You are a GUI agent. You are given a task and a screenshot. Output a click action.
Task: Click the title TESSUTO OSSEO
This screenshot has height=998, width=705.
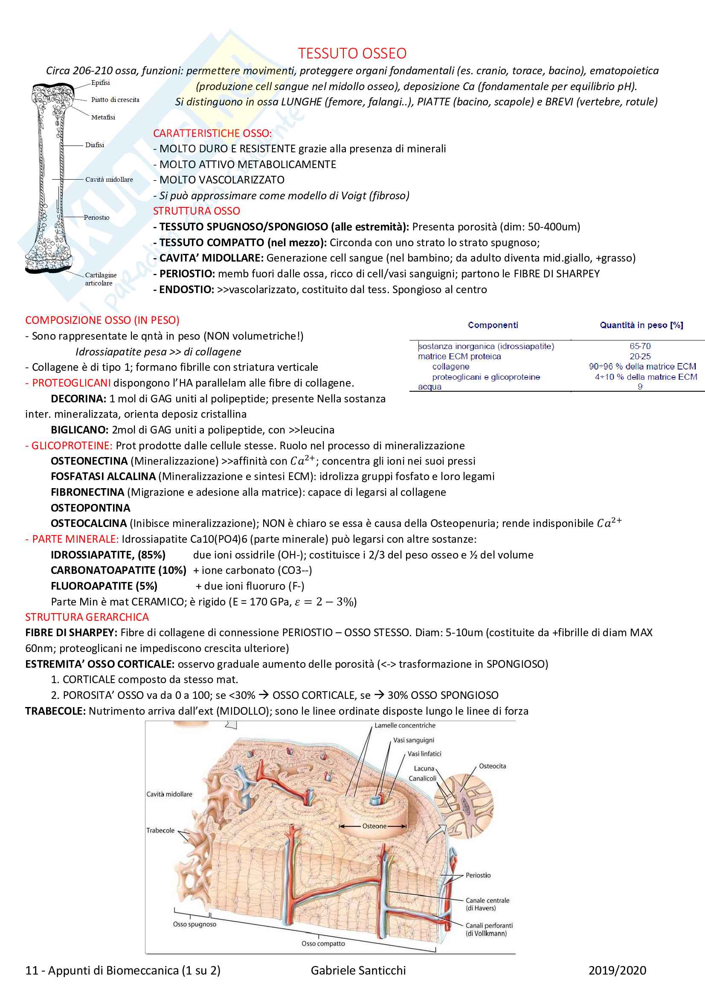point(352,53)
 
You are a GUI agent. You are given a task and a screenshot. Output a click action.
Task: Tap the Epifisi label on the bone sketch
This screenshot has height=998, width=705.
point(100,83)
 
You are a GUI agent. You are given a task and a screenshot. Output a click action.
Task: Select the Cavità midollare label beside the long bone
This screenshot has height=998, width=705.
point(109,180)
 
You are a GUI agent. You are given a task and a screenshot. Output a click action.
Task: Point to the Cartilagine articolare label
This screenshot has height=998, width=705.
point(100,279)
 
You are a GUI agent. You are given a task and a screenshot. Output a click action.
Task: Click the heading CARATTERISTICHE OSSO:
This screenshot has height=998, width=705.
point(212,133)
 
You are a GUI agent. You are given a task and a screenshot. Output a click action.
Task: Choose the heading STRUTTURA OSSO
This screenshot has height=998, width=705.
point(196,211)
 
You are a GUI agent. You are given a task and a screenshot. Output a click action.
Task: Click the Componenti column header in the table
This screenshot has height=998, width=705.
point(493,325)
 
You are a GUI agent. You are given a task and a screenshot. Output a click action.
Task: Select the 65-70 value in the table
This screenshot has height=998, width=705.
point(640,346)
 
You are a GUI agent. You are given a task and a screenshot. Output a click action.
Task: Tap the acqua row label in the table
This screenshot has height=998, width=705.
point(429,387)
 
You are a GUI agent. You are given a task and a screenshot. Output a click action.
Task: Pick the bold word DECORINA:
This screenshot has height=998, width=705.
point(78,399)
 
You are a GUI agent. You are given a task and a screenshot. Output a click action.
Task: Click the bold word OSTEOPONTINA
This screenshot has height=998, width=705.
point(90,508)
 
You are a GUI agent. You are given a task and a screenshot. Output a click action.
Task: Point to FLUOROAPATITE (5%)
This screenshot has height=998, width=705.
point(104,586)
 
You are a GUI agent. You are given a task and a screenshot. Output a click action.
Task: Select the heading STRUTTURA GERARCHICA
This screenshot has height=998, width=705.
point(87,617)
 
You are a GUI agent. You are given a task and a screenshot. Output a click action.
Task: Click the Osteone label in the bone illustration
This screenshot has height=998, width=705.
point(374,826)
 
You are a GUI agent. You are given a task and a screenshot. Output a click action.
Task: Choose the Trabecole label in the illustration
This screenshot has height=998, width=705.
point(160,831)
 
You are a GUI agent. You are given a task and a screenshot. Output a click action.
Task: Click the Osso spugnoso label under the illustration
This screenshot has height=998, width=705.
point(194,925)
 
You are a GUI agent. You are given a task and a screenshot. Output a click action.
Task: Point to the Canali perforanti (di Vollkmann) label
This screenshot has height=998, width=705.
point(489,929)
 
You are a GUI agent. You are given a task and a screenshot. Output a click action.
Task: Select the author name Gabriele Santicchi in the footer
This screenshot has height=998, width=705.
point(358,971)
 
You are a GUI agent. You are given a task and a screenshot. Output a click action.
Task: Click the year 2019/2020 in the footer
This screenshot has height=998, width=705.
point(617,971)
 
